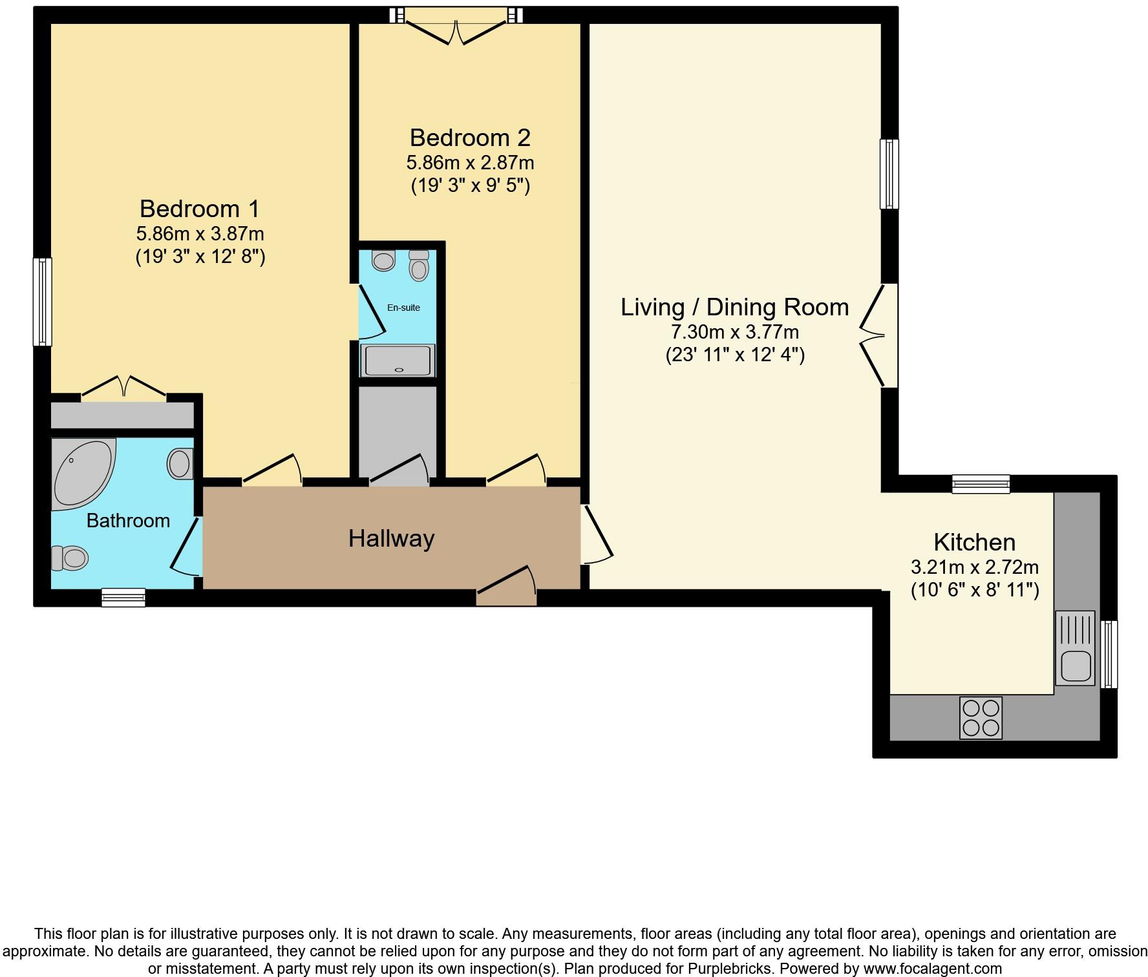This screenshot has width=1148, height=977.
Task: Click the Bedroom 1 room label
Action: coord(199,209)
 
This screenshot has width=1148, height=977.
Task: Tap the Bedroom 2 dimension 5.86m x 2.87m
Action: coord(470,162)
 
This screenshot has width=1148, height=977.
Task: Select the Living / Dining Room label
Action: coord(734,308)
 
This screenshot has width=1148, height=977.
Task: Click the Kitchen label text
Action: coord(974,542)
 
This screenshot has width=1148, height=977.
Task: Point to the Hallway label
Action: coord(391,538)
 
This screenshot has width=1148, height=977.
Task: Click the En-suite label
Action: coord(403,308)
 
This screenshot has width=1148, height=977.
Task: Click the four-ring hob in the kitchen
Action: coord(981,718)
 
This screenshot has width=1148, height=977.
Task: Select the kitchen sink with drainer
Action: coord(1075,648)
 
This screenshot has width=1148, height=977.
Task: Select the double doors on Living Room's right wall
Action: coord(876,335)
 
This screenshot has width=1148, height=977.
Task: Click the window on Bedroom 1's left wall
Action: coord(43,302)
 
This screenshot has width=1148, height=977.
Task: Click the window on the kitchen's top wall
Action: coord(981,484)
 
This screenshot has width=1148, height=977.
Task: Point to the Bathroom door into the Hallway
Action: coord(186,546)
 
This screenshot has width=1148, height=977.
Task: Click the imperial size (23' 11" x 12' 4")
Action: coord(735,355)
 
